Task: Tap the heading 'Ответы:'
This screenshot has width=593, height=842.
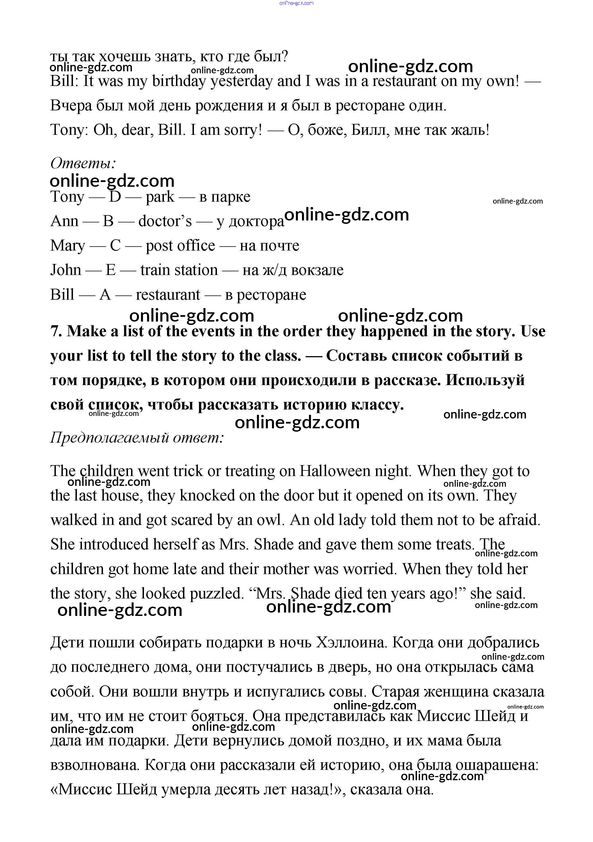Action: [x=83, y=163]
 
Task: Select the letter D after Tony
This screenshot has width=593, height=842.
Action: [x=115, y=197]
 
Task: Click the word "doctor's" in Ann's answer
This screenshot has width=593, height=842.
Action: [x=165, y=221]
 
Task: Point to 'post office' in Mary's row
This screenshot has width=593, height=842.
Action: [x=180, y=246]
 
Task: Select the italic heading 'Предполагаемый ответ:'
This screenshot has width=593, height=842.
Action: [x=137, y=438]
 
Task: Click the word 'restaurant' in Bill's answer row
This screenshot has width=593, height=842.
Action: [x=168, y=295]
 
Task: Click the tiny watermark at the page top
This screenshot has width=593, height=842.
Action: [x=296, y=3]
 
